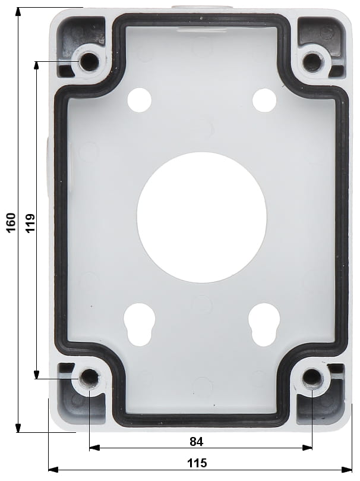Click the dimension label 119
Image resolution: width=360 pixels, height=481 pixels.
(x=30, y=222)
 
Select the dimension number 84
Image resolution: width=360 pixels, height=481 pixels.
(x=197, y=441)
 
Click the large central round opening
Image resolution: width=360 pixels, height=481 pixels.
(x=201, y=217)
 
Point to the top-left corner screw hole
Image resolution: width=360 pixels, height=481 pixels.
(x=89, y=61)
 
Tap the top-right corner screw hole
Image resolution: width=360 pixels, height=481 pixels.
(x=312, y=61)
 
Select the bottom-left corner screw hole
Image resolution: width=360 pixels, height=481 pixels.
(x=89, y=378)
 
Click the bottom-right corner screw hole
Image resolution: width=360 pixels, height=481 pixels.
(x=312, y=377)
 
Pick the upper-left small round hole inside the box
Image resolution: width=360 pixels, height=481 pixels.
(x=140, y=100)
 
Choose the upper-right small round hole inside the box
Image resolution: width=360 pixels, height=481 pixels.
(x=264, y=100)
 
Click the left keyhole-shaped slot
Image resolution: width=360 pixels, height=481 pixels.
(x=140, y=325)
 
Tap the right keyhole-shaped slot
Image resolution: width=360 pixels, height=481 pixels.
(x=264, y=325)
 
